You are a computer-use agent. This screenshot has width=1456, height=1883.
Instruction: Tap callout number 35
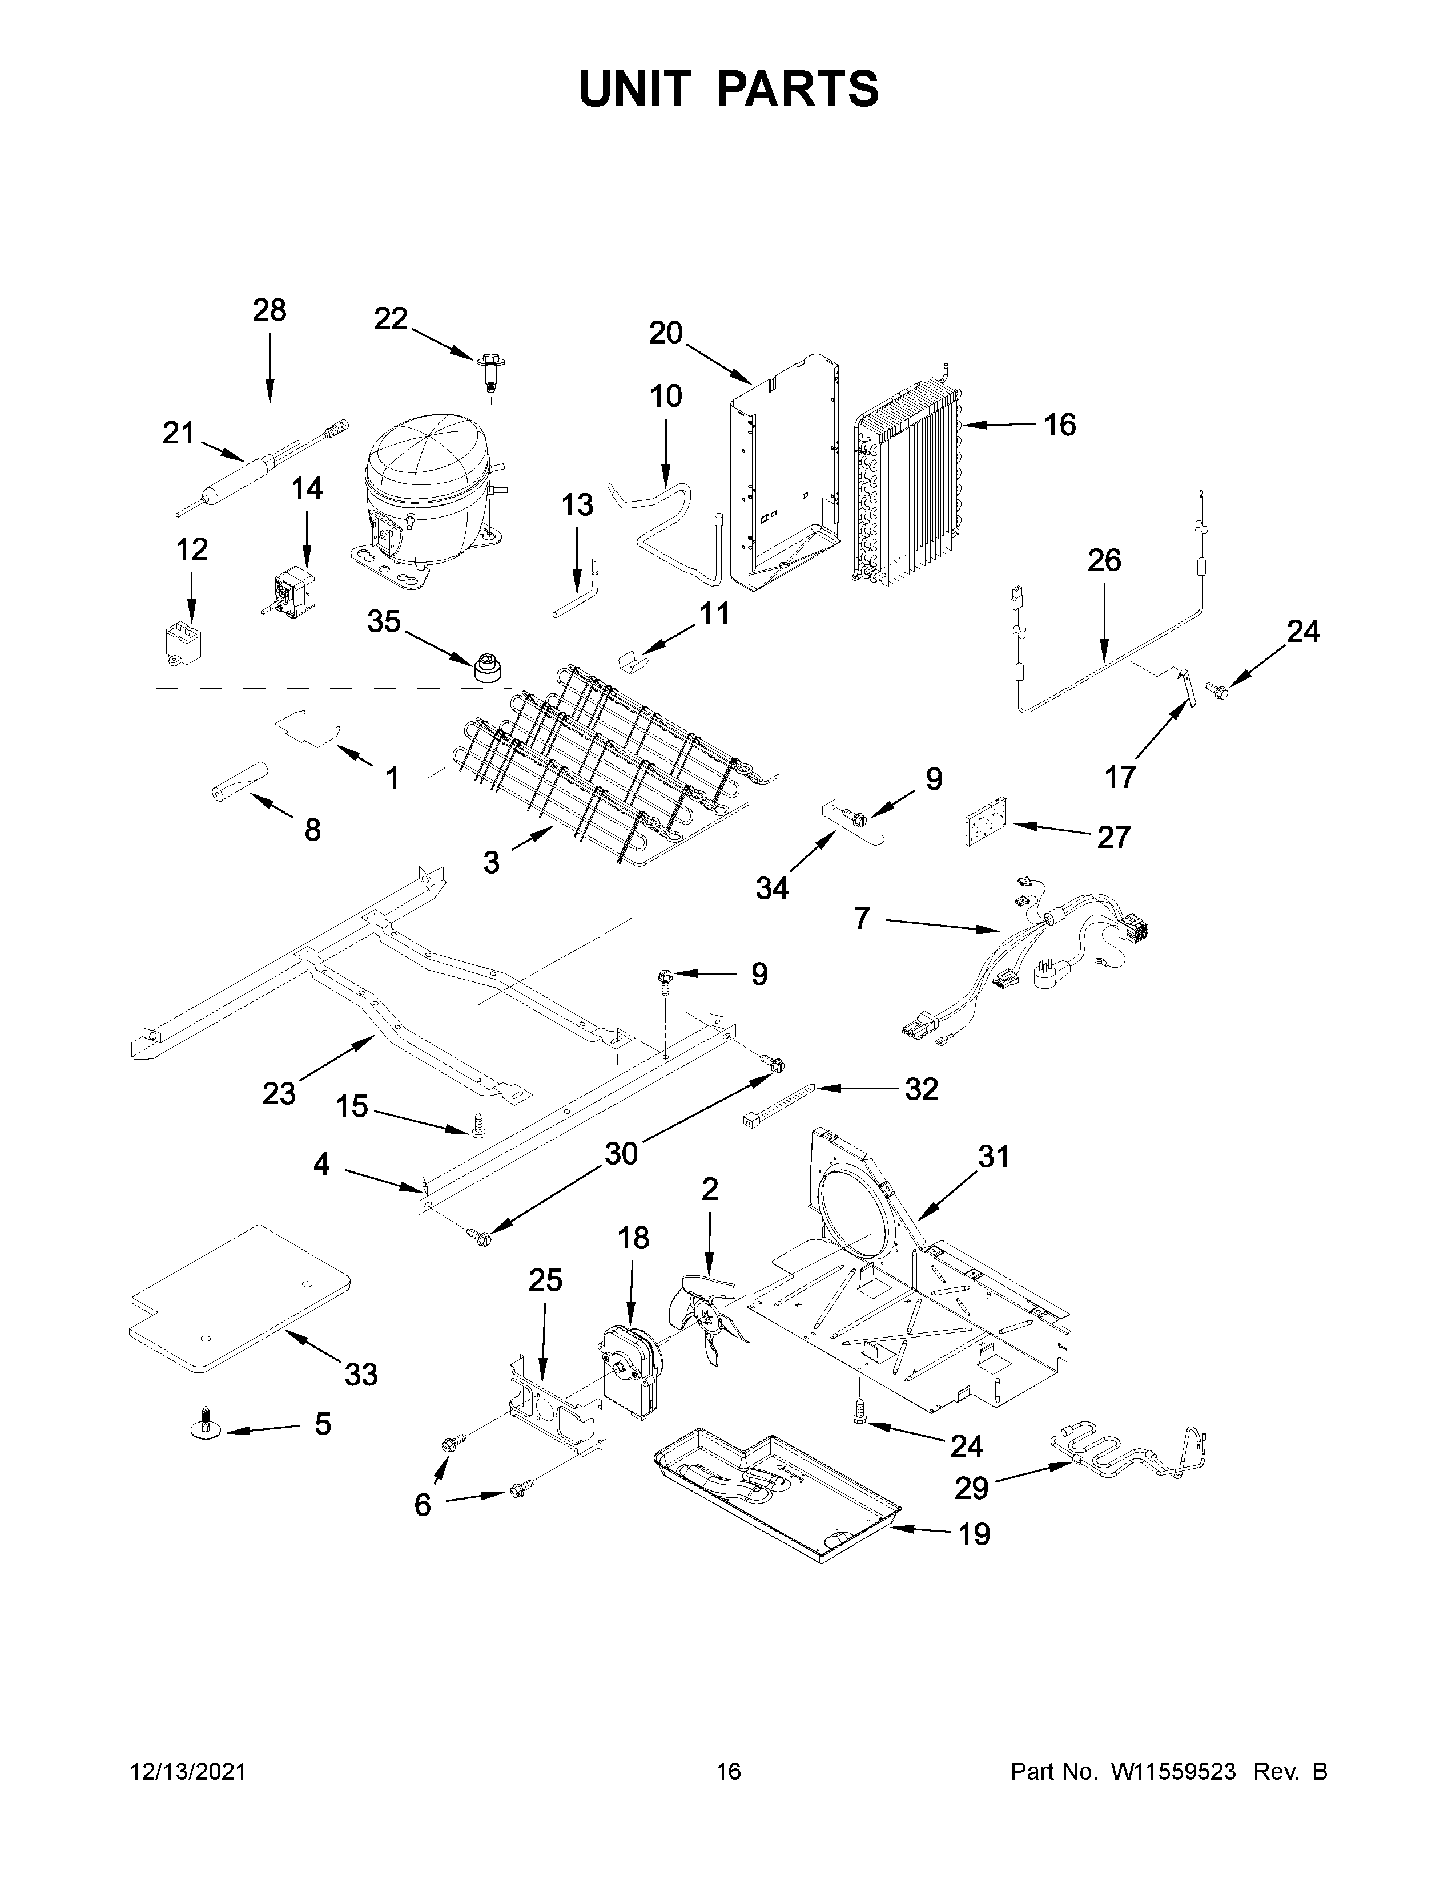(x=384, y=621)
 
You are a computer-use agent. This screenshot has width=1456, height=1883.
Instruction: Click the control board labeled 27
(x=985, y=822)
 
